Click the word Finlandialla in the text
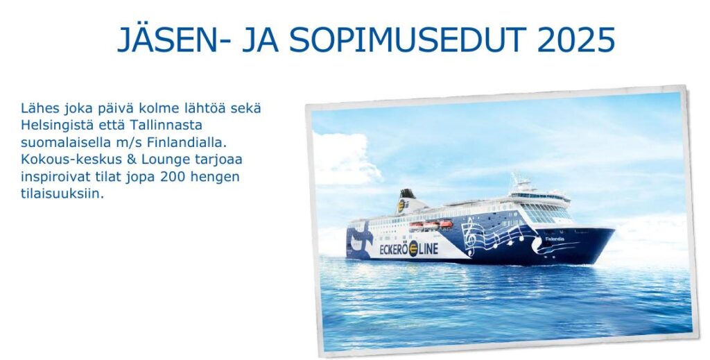click(186, 142)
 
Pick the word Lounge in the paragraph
click(162, 160)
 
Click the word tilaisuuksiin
click(62, 194)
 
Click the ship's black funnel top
click(407, 194)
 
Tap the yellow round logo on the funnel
click(401, 206)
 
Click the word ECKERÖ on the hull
click(394, 249)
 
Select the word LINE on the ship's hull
click(428, 248)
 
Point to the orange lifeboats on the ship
click(431, 224)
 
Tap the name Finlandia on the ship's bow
click(554, 239)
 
